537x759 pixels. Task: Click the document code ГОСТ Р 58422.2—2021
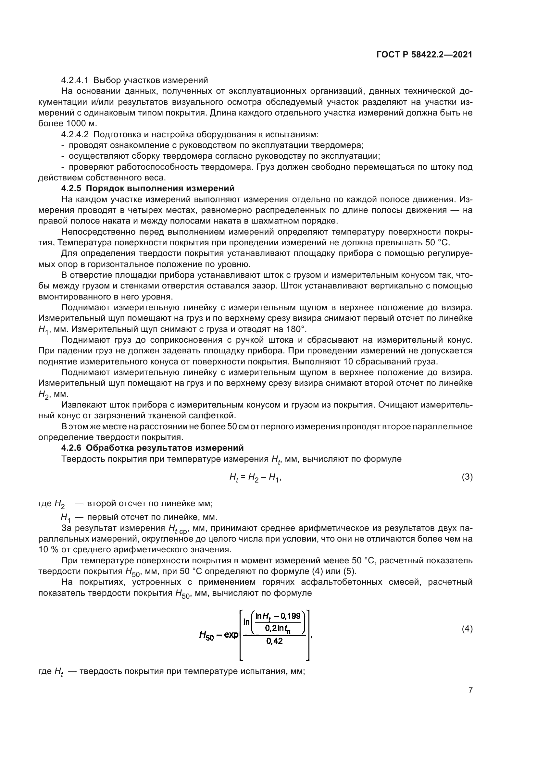424,55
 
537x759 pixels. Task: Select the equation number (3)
467,477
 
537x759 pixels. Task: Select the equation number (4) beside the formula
467,629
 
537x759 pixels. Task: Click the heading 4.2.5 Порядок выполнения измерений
148,189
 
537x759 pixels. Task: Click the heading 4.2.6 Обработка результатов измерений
153,448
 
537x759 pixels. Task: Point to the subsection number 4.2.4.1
75,80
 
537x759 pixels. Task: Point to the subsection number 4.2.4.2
75,134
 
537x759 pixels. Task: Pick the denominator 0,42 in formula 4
274,641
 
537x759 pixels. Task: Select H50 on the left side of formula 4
206,635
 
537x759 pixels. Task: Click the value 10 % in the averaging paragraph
47,550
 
